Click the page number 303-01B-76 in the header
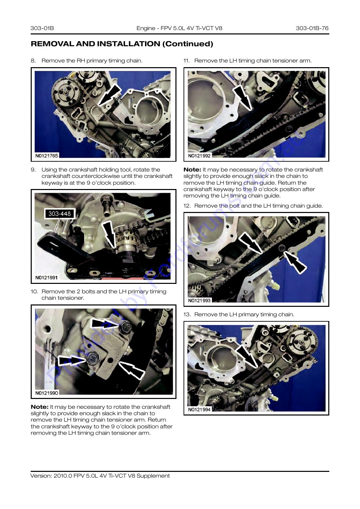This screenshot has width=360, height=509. pos(312,28)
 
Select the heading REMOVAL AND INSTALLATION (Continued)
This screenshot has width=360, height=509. pos(122,44)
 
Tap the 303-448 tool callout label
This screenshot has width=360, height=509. pos(59,214)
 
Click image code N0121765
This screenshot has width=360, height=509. pos(47,156)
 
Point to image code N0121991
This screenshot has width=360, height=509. pos(46,277)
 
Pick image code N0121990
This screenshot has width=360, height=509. pos(47,393)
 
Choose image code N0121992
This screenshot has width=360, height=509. pos(199,156)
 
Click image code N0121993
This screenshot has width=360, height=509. pos(199,300)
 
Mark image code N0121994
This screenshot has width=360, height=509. pos(199,409)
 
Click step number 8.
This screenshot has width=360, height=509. pos(33,61)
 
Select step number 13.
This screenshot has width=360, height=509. pos(187,315)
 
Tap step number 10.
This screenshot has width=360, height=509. pos(34,292)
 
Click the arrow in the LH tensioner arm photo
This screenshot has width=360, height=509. pos(243,98)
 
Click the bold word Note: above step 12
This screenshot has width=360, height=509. pos(192,170)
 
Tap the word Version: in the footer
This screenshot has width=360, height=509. pos(41,476)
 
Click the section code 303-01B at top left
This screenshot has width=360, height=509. pos(42,28)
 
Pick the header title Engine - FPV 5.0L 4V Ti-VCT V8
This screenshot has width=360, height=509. pos(179,28)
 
